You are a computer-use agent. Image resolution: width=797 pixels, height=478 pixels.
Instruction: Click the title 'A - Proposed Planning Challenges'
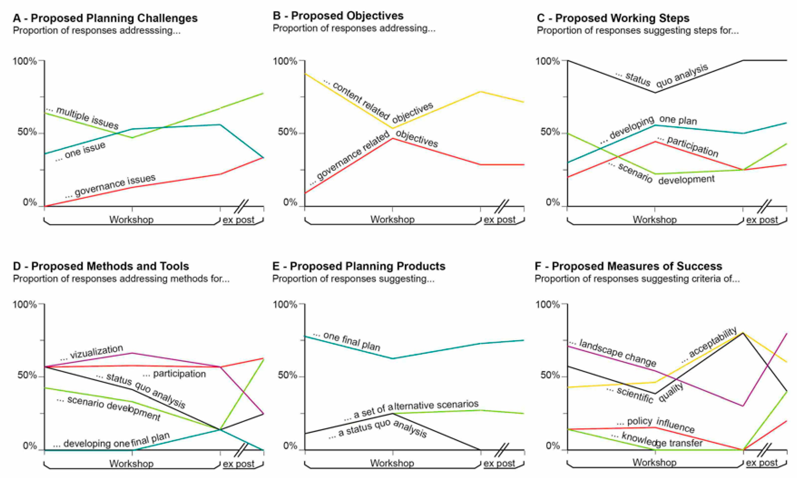point(105,18)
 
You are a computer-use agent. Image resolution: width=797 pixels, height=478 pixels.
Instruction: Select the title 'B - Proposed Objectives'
point(338,16)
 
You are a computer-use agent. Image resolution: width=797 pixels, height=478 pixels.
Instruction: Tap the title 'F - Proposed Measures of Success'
point(628,266)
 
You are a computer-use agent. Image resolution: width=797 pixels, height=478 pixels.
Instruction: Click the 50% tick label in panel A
point(27,132)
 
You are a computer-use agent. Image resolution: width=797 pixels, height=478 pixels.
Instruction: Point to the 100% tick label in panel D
point(25,304)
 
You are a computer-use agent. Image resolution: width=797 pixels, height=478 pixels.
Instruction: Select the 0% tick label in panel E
point(290,446)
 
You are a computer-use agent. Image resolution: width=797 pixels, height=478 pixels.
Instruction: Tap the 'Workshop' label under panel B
point(392,219)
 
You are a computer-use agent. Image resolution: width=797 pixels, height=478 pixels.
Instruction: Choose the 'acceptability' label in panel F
point(712,342)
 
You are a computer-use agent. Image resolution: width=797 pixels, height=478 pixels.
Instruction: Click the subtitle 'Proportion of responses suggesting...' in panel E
point(353,279)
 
